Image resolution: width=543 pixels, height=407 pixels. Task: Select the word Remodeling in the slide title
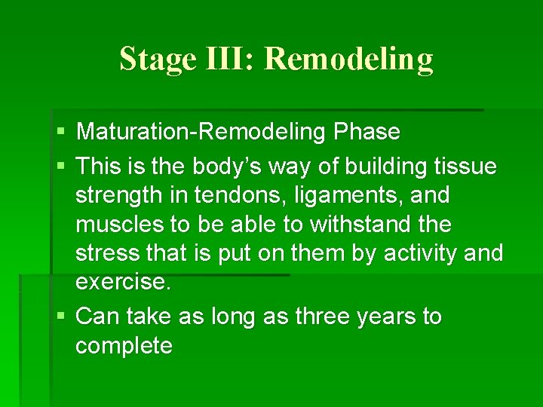349,59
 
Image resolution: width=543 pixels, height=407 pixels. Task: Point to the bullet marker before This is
60,166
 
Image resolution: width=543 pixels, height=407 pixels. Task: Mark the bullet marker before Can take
60,317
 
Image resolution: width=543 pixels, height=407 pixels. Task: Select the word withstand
389,224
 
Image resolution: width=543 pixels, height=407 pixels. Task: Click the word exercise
124,282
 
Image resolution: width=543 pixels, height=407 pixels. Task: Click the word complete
124,346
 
